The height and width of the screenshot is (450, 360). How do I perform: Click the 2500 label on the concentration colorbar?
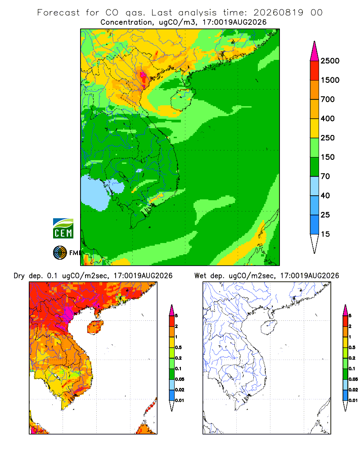coord(330,61)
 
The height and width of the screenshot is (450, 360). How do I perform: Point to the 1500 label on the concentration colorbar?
coord(330,80)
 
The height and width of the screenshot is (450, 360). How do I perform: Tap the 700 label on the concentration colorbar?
coord(328,99)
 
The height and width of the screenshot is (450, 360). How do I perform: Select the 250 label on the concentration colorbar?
coord(328,138)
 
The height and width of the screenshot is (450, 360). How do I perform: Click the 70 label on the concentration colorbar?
coord(325,176)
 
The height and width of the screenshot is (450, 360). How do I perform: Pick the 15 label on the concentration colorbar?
coord(325,234)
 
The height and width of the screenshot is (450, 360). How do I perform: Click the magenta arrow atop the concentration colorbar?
coord(315,51)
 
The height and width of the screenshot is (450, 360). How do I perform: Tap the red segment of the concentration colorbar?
coord(315,71)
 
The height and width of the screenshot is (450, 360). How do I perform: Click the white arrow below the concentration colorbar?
coord(315,244)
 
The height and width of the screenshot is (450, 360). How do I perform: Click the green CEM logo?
coord(63,228)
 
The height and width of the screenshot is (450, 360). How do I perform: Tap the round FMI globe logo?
coord(60,252)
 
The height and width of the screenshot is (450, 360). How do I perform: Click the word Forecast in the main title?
coord(58,13)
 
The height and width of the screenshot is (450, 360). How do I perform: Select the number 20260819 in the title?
coord(278,13)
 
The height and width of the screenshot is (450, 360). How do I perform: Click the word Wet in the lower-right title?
coord(200,276)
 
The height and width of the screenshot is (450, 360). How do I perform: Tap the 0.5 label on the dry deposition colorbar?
coord(178,347)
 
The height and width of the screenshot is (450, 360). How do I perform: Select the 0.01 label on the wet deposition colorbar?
coord(353,400)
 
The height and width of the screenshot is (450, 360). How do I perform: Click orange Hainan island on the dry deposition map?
coord(95,327)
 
